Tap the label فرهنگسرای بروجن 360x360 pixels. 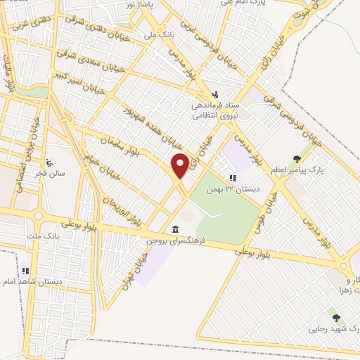[174, 240]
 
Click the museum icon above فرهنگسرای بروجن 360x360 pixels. [174, 230]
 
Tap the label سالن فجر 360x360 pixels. [52, 172]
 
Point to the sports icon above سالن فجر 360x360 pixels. [48, 161]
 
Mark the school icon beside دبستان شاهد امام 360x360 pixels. [26, 270]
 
